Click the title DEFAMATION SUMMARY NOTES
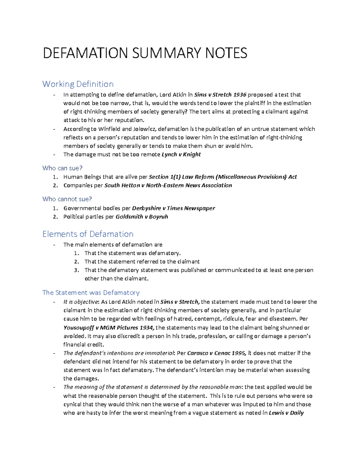(x=145, y=53)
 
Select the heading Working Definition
(x=78, y=84)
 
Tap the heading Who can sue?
(x=62, y=168)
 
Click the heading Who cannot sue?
(x=67, y=199)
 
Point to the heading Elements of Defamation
(x=88, y=234)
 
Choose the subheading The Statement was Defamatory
(x=91, y=292)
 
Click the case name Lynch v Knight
(x=181, y=155)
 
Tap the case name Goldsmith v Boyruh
(x=142, y=217)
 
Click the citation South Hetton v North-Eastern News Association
(x=168, y=185)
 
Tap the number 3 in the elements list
(x=76, y=270)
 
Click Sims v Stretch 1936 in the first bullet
(x=220, y=95)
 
